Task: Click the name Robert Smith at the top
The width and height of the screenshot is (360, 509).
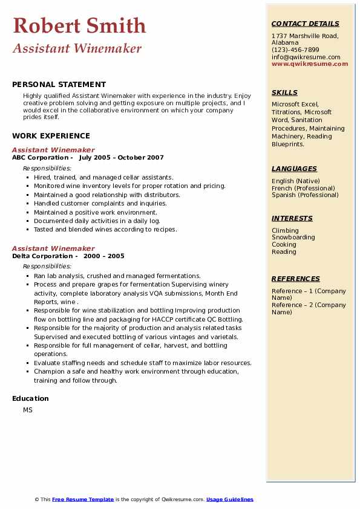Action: (x=79, y=25)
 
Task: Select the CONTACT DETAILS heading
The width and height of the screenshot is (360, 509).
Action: (x=305, y=24)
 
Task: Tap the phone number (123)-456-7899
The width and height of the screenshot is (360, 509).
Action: (x=295, y=50)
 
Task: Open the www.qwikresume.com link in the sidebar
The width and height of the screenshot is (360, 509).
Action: (x=310, y=64)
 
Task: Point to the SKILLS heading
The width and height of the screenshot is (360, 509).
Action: (x=284, y=92)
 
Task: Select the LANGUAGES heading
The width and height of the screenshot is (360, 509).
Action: (x=294, y=169)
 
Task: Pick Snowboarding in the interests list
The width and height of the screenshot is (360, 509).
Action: (x=293, y=238)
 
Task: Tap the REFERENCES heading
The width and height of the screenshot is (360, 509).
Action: (x=296, y=279)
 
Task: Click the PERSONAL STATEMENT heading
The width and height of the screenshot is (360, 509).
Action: (x=59, y=85)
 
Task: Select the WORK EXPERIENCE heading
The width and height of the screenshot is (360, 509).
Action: (x=51, y=136)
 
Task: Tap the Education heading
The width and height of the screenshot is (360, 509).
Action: (x=30, y=398)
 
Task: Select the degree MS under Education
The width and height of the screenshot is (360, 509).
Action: (x=28, y=410)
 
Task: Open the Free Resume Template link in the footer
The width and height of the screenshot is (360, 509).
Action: (x=83, y=499)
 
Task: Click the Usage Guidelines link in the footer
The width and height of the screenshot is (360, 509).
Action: (x=230, y=499)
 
